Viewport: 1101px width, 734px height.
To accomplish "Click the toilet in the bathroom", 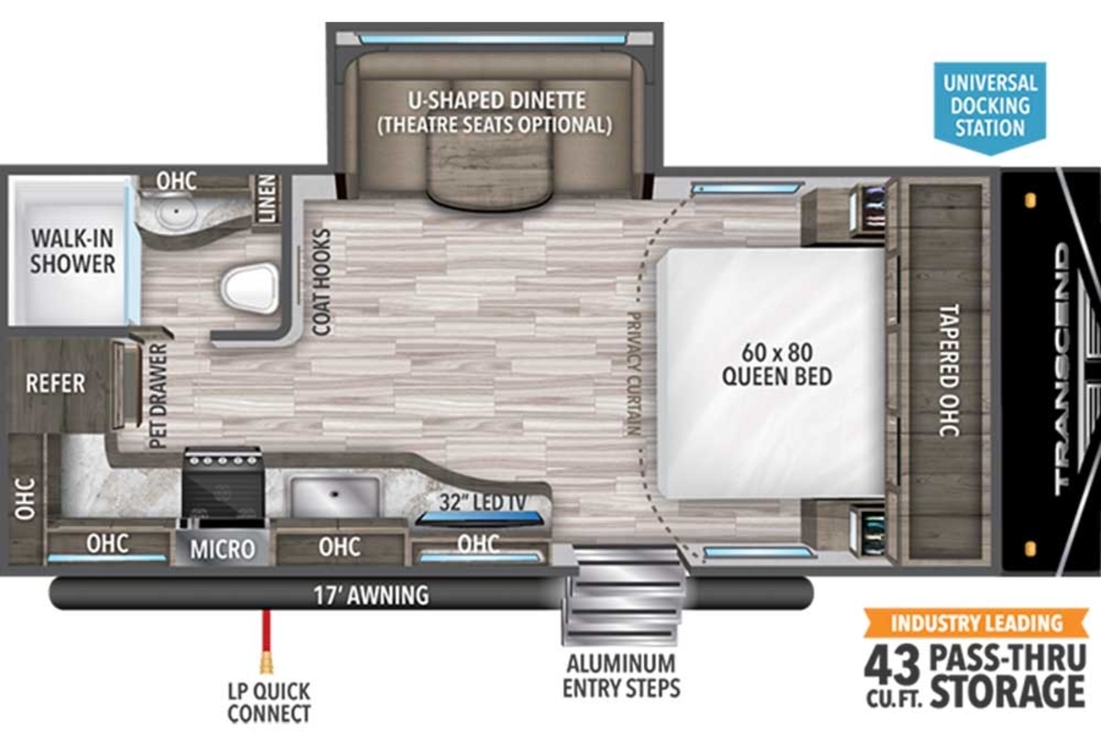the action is click(x=250, y=288).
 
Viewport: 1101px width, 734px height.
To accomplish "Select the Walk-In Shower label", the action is click(x=72, y=251).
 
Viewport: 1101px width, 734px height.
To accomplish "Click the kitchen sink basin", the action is click(x=335, y=496).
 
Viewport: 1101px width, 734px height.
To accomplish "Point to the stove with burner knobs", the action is click(x=223, y=485).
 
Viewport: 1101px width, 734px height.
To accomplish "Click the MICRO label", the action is click(x=223, y=550).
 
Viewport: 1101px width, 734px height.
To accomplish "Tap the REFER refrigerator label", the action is click(x=55, y=384).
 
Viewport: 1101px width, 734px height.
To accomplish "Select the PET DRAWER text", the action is click(x=158, y=395).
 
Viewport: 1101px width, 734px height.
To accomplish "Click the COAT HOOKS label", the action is click(x=322, y=283).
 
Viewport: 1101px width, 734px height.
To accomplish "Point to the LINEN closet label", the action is click(x=267, y=198).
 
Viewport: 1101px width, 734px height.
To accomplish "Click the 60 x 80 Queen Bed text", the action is click(x=777, y=364).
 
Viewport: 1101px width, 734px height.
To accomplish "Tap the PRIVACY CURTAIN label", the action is click(x=634, y=373).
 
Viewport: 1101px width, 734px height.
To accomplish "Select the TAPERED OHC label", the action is click(x=949, y=370).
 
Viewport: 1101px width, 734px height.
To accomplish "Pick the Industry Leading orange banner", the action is click(x=976, y=623).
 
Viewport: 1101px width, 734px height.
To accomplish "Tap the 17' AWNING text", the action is click(x=371, y=595).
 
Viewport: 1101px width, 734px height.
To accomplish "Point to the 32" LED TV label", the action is click(x=483, y=503).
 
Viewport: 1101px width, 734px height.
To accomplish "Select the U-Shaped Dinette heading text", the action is click(x=496, y=100).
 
